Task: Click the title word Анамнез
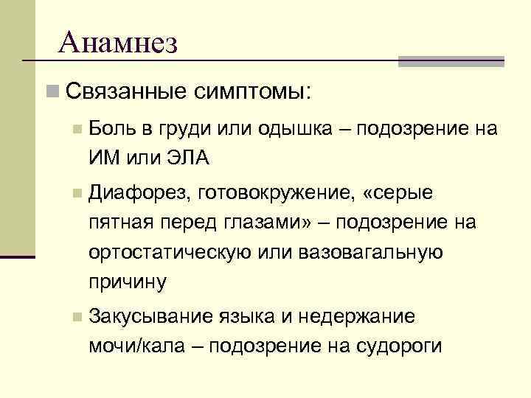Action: [117, 43]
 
